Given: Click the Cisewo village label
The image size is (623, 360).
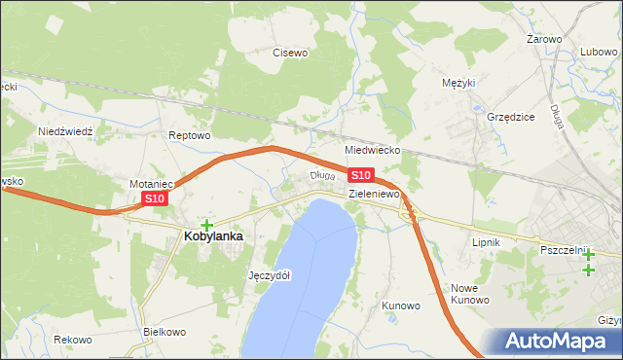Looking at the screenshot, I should [290, 53].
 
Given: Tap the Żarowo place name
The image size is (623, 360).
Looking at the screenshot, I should [544, 39].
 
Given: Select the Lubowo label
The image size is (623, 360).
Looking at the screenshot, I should [600, 52].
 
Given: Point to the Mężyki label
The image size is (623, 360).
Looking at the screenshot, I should [458, 83].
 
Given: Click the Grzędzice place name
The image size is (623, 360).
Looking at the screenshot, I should [511, 117].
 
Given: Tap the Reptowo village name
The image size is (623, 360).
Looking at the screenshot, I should [189, 135].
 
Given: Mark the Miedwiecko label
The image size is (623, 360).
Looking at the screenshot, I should [374, 151].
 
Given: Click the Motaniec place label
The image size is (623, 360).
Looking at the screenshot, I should [151, 183].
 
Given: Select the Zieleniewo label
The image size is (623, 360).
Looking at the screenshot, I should [375, 194].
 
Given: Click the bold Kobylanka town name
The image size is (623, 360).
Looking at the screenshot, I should [213, 235].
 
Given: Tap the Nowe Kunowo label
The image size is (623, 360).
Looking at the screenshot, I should [469, 294].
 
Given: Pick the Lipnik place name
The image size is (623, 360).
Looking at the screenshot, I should [485, 242].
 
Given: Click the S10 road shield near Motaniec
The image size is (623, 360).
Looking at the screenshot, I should [156, 198].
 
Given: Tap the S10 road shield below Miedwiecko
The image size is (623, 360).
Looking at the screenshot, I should [360, 175].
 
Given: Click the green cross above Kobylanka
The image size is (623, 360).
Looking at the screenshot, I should [206, 225].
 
